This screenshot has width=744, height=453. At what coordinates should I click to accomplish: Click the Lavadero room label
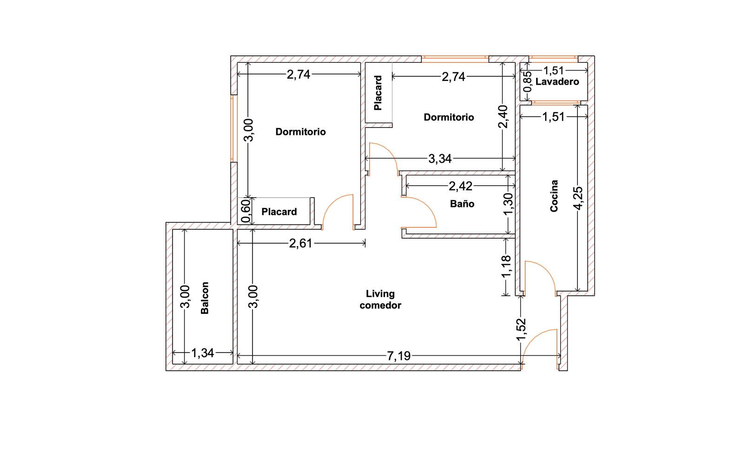coord(558,82)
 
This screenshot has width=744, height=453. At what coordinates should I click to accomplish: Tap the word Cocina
coord(554,196)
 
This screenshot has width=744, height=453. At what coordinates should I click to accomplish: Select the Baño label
coord(462,204)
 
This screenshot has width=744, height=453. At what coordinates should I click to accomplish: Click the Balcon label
coord(205,298)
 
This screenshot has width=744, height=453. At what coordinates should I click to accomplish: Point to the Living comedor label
coord(380,299)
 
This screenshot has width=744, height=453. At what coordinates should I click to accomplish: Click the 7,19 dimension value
coord(399,356)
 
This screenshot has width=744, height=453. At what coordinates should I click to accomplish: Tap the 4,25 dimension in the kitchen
coord(578,198)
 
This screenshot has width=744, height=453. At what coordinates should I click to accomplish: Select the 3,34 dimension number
coord(440,159)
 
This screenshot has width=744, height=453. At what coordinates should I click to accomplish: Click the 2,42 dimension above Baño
coord(460,187)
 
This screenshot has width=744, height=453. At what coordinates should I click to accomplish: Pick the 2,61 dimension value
coord(300,244)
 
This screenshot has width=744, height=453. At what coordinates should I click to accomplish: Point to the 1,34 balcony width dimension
coord(203,353)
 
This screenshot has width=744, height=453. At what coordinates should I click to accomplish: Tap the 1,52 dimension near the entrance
coord(521,329)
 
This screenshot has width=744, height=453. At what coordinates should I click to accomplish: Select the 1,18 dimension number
coord(506,266)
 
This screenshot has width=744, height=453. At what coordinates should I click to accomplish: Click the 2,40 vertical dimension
coord(503,116)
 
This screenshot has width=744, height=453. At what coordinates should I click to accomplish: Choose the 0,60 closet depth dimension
coord(246,211)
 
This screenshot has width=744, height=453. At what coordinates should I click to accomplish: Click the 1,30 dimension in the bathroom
coord(508,204)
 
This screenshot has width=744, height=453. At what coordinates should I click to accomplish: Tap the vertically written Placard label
coord(378,93)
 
